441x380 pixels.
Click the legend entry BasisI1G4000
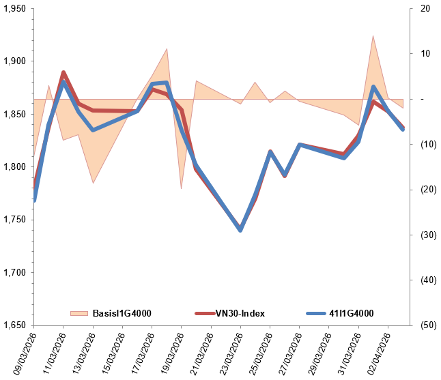tap(122, 313)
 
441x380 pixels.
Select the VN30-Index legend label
tap(240, 313)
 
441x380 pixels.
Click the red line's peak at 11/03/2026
tap(63, 72)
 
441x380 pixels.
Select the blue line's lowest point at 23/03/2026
tap(240, 230)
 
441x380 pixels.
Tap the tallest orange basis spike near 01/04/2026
tap(373, 36)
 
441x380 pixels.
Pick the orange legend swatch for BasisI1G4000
tap(79, 313)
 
